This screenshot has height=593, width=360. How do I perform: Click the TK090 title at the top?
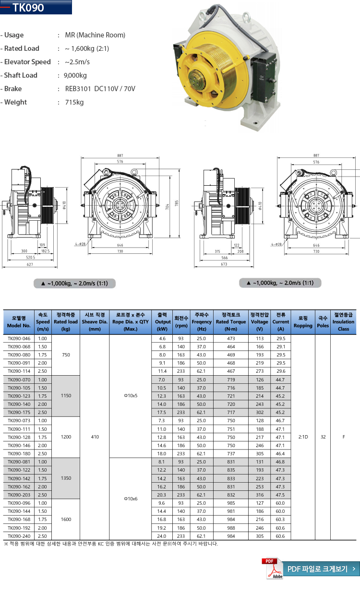click(x=29, y=8)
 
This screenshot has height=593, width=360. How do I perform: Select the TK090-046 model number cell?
click(x=19, y=338)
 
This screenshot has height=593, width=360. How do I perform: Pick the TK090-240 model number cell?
click(x=19, y=536)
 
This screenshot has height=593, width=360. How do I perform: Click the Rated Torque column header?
click(x=230, y=321)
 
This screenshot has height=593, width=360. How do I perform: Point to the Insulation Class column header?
click(x=343, y=321)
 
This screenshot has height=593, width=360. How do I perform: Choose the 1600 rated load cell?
click(x=66, y=519)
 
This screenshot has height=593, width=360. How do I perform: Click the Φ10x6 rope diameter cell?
click(x=131, y=498)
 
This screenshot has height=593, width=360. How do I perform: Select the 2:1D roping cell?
click(x=303, y=437)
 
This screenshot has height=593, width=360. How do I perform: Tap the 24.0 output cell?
click(x=162, y=536)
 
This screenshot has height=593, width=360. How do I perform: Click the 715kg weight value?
click(x=74, y=102)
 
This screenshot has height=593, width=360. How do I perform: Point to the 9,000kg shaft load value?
click(x=75, y=75)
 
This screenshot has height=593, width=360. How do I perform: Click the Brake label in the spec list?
click(x=13, y=89)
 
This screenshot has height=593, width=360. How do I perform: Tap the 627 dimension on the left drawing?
click(x=30, y=264)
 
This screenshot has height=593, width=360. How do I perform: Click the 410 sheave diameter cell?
click(x=95, y=437)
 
